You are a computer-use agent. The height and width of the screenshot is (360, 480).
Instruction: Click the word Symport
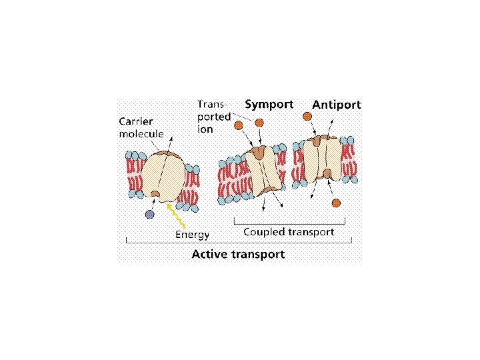click(269, 105)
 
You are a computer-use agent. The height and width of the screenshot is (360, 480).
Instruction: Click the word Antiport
click(337, 105)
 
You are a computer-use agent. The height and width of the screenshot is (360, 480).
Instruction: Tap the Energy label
click(192, 234)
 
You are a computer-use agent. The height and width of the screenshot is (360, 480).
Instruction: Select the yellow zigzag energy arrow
click(177, 215)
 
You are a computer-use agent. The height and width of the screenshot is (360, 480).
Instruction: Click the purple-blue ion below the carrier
click(149, 214)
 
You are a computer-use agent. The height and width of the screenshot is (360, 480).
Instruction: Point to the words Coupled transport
click(289, 232)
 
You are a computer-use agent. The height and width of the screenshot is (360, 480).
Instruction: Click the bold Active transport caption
click(238, 254)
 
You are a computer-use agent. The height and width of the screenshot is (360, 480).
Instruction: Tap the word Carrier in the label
click(136, 121)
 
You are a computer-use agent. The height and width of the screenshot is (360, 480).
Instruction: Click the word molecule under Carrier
click(141, 133)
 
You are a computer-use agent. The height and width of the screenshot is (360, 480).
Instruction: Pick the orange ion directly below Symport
click(259, 123)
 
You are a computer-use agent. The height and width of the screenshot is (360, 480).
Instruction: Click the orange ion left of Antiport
click(307, 116)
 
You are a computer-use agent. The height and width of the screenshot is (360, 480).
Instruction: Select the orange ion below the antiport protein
click(337, 203)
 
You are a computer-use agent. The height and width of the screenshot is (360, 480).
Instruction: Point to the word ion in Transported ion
click(205, 129)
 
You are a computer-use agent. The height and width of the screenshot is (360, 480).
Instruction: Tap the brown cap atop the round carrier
click(173, 154)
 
